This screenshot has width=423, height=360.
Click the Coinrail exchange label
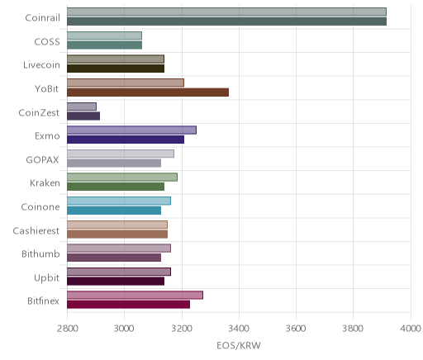coord(42,18)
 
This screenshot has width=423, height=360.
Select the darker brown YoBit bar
coord(148,92)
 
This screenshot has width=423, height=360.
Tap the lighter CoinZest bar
coord(82,107)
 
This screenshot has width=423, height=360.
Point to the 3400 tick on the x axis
coord(239,329)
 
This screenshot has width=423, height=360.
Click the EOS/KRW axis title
coord(239,345)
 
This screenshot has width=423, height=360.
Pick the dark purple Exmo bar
coord(126,140)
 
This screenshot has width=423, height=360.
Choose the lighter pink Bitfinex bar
coord(135,295)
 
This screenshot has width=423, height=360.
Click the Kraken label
coord(45,183)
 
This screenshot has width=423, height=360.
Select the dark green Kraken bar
coord(116,187)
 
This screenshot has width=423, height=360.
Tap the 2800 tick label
coord(67,329)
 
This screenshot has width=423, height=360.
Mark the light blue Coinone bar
coord(119,201)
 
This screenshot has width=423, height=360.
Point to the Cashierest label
coord(36,230)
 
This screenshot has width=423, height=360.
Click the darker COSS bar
coord(105,45)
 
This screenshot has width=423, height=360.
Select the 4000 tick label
coord(411,329)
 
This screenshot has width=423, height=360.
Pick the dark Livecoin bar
coord(116,69)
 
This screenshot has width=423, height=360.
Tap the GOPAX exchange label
coord(42,160)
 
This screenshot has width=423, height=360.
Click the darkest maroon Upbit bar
coord(116,282)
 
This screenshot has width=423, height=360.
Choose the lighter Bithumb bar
coord(119,248)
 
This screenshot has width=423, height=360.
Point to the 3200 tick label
coord(182,329)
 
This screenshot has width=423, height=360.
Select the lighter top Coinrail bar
coord(226,12)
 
